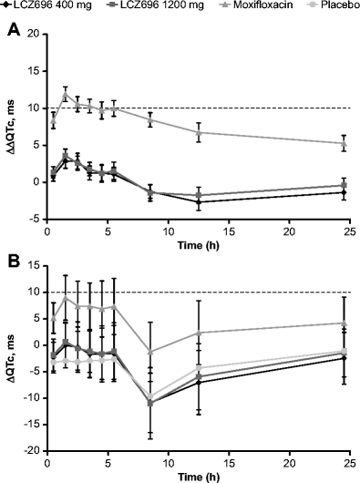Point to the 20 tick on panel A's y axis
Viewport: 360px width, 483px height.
[35, 34]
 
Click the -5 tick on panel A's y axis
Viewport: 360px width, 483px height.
[35, 219]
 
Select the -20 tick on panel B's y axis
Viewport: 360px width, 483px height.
[33, 450]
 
